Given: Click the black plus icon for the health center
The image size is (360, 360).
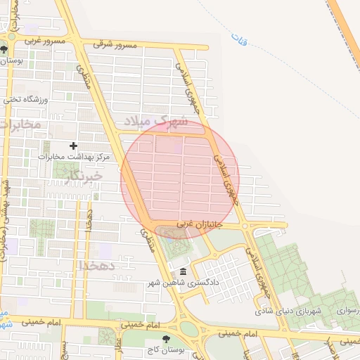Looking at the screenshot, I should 73,146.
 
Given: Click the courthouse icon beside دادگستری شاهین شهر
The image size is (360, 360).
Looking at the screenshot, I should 183,272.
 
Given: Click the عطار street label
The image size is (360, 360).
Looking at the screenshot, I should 120,345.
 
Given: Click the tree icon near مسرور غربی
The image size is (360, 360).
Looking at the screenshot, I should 5,49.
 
